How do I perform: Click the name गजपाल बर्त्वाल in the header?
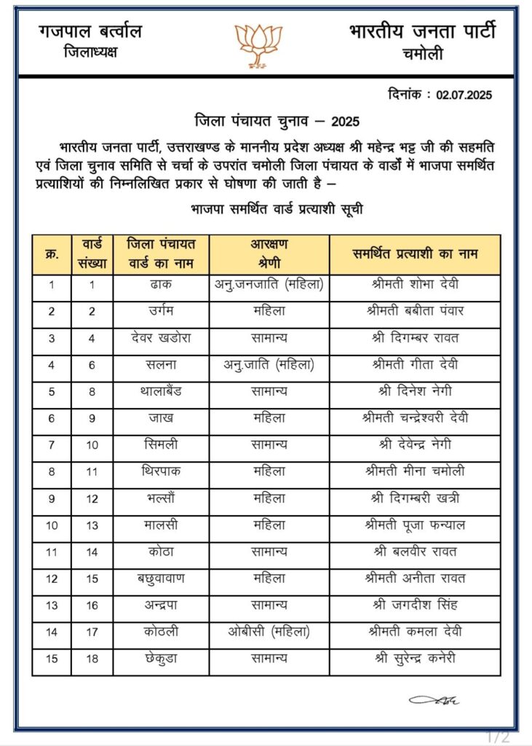90,31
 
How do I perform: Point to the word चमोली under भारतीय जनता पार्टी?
422,54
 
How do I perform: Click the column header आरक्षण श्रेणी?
269,254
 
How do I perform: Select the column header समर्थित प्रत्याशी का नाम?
414,254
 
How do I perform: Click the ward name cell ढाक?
161,284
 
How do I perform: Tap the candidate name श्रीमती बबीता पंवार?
414,311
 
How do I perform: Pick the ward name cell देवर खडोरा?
161,338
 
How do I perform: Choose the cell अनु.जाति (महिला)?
269,364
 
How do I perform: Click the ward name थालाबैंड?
161,391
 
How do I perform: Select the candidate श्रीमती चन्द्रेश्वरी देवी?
414,418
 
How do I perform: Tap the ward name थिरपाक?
161,471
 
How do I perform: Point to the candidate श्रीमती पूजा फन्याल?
414,525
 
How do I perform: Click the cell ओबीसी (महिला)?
269,631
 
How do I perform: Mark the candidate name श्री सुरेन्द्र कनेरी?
414,658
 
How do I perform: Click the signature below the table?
434,700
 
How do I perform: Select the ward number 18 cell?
92,658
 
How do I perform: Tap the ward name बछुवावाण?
161,578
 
